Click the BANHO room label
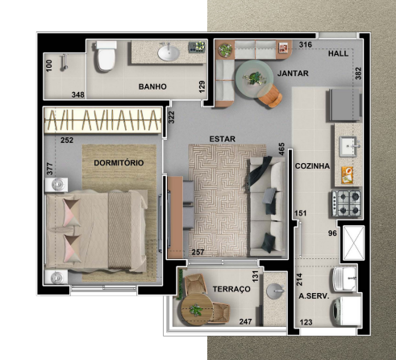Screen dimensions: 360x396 152,86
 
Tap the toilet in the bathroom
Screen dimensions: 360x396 105,57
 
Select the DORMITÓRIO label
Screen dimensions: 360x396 119,162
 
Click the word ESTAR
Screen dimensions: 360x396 222,138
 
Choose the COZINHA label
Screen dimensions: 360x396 312,165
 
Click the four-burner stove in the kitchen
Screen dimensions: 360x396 346,201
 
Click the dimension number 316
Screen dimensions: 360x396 306,44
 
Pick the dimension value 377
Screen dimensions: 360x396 49,169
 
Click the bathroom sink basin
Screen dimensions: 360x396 169,53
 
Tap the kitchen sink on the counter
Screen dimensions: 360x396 348,146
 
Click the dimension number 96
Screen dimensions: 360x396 331,234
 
